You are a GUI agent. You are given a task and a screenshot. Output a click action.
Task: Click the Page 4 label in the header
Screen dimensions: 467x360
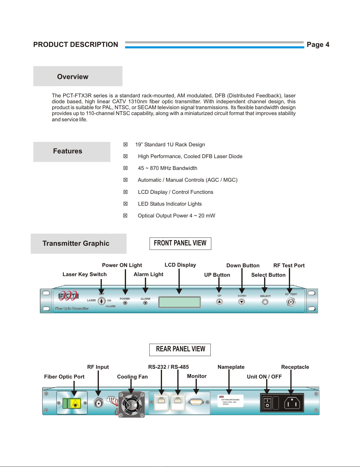pyautogui.click(x=318, y=45)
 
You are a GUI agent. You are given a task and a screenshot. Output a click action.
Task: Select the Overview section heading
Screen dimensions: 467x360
pyautogui.click(x=73, y=77)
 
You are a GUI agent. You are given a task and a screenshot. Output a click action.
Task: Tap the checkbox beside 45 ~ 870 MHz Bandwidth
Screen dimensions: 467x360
pyautogui.click(x=125, y=168)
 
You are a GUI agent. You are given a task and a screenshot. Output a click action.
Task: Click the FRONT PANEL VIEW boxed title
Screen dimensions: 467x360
pyautogui.click(x=180, y=243)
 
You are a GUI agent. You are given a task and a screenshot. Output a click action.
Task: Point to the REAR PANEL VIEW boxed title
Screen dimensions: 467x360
pyautogui.click(x=180, y=349)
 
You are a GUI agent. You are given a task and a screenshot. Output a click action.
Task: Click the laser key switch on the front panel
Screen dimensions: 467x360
pyautogui.click(x=102, y=301)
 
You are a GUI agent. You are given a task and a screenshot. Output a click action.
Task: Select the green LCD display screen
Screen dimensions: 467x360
pyautogui.click(x=179, y=302)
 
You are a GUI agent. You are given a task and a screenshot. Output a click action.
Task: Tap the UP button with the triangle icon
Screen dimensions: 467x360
pyautogui.click(x=219, y=302)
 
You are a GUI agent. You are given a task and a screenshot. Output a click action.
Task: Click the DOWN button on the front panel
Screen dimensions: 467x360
pyautogui.click(x=242, y=302)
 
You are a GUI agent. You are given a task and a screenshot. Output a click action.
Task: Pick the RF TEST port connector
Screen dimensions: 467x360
pyautogui.click(x=291, y=302)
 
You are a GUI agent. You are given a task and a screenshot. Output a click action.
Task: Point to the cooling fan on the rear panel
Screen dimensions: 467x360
pyautogui.click(x=132, y=404)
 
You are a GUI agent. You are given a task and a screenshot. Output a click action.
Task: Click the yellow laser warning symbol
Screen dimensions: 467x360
pyautogui.click(x=76, y=404)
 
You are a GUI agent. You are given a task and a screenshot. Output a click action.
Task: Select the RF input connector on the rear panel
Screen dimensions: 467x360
pyautogui.click(x=99, y=403)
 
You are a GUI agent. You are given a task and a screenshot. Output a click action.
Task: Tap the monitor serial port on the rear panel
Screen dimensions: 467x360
pyautogui.click(x=196, y=402)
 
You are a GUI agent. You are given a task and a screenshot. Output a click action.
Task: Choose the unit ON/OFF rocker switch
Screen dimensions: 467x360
pyautogui.click(x=267, y=403)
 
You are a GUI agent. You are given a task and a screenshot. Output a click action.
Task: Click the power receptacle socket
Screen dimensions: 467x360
pyautogui.click(x=292, y=403)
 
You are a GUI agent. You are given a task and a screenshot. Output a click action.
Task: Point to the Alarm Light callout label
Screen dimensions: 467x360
pyautogui.click(x=148, y=274)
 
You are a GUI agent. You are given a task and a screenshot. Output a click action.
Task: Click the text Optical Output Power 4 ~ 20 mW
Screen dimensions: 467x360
pyautogui.click(x=176, y=216)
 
